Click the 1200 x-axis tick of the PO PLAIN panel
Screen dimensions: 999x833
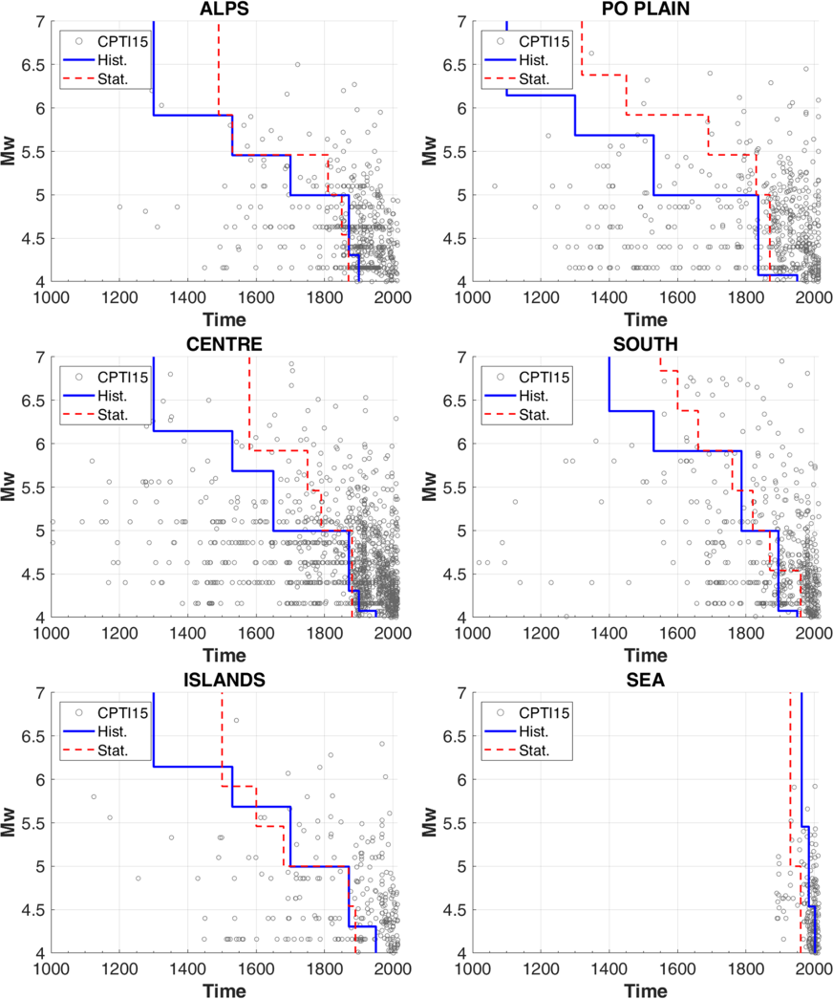tap(541, 297)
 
